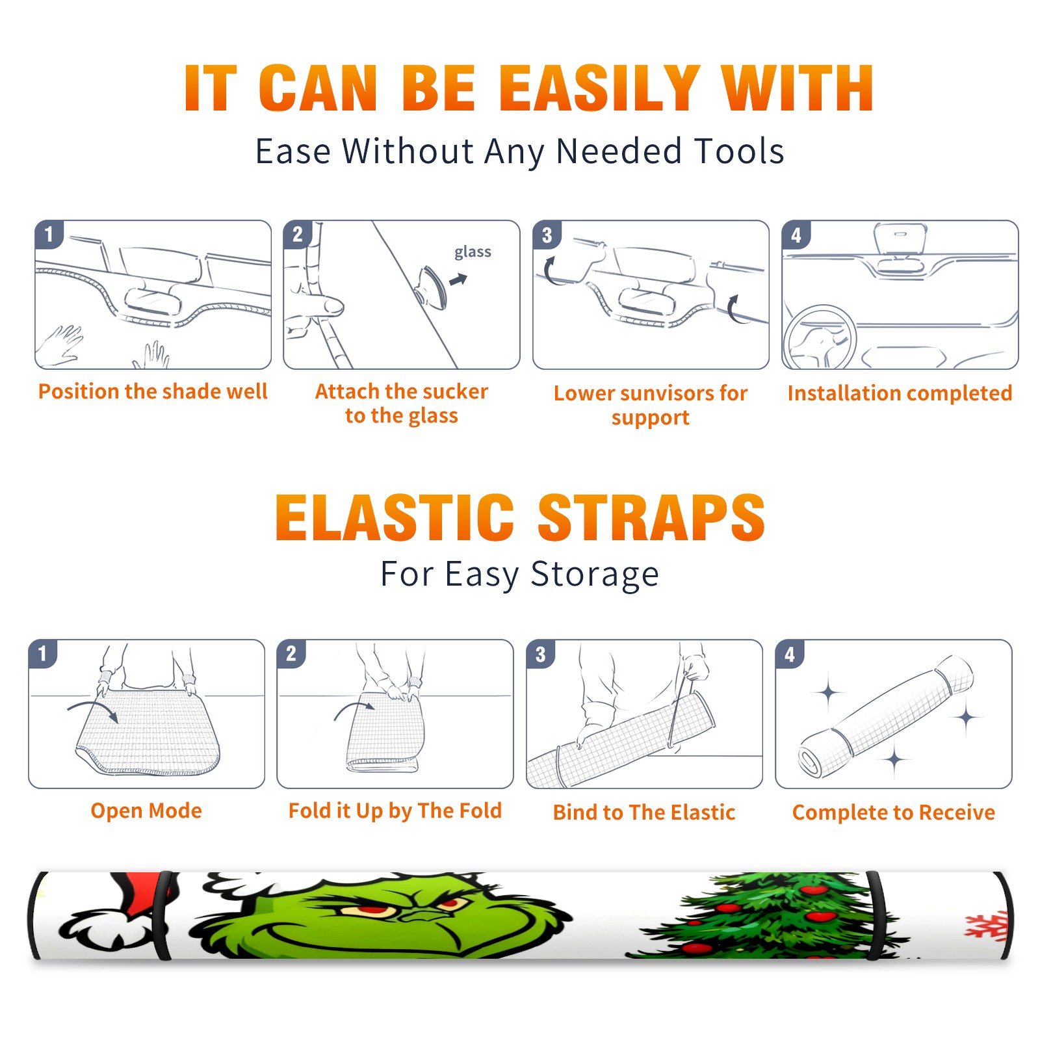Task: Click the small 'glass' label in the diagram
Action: tap(473, 252)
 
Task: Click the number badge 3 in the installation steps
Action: tap(547, 235)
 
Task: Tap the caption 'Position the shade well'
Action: tap(153, 391)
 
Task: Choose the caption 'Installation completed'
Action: tap(900, 393)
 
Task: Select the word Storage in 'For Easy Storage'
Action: tap(595, 575)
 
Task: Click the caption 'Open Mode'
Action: tap(146, 811)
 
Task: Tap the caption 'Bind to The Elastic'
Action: tap(644, 812)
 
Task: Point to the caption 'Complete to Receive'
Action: tap(894, 812)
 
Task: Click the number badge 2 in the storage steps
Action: tap(291, 653)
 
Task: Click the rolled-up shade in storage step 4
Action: tap(886, 716)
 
